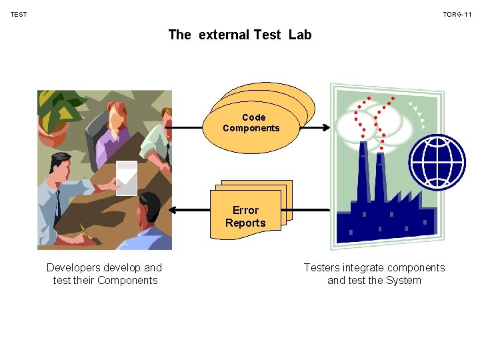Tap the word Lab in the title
[x=300, y=35]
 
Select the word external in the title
[x=224, y=35]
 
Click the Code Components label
[x=251, y=123]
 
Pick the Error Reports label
[x=245, y=217]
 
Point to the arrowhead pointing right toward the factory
[x=327, y=128]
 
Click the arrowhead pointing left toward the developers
[x=172, y=210]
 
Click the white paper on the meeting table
[x=127, y=177]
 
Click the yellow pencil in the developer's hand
[x=84, y=230]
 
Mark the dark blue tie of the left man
[x=59, y=200]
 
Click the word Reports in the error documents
[x=245, y=223]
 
